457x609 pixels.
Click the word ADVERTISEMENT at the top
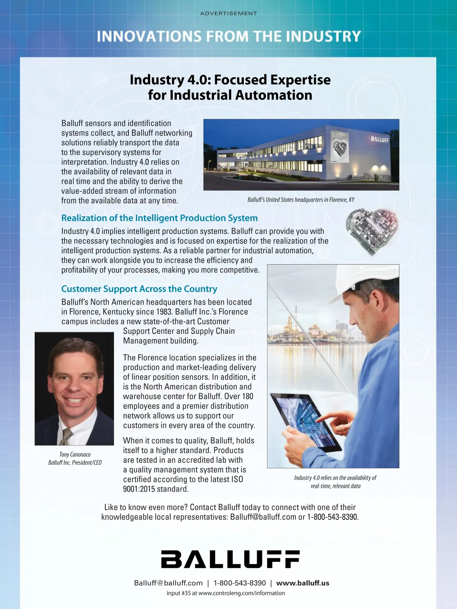point(228,13)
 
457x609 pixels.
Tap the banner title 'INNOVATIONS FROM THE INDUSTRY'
point(228,37)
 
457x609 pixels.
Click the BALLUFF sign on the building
point(380,139)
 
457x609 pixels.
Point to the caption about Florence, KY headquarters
point(301,200)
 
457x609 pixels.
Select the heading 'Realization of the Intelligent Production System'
point(159,218)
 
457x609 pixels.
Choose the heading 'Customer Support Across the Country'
point(139,289)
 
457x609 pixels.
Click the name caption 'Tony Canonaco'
point(75,454)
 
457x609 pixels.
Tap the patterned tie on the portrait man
point(67,437)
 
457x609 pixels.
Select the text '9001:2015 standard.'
point(155,489)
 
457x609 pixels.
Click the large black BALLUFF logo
point(230,559)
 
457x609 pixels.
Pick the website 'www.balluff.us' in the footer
point(303,583)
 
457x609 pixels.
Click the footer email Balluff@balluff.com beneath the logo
point(168,583)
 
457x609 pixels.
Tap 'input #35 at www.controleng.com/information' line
point(226,593)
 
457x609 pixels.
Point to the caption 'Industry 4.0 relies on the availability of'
point(335,478)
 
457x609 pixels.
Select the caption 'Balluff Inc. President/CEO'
point(75,463)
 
